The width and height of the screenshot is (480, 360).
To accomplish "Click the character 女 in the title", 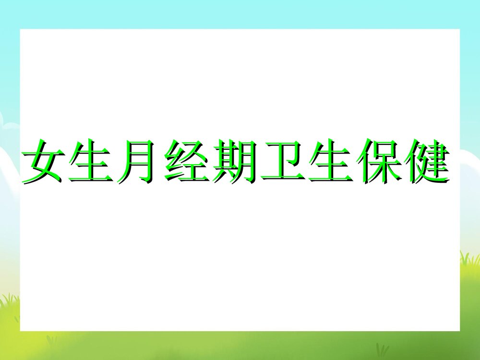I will click(x=43, y=161).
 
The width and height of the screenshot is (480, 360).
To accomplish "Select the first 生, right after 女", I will click(x=91, y=161).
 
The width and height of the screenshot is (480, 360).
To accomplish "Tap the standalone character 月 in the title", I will click(x=139, y=161).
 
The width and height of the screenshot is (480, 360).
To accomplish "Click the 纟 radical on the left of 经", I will click(x=174, y=161).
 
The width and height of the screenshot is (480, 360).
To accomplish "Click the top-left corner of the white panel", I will click(x=20, y=29).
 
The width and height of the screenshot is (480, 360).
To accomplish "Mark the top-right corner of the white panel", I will click(x=459, y=29).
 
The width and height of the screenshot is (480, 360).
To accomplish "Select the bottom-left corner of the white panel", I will click(x=20, y=331).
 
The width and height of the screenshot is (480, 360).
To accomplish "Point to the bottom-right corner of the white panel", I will click(x=459, y=331).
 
